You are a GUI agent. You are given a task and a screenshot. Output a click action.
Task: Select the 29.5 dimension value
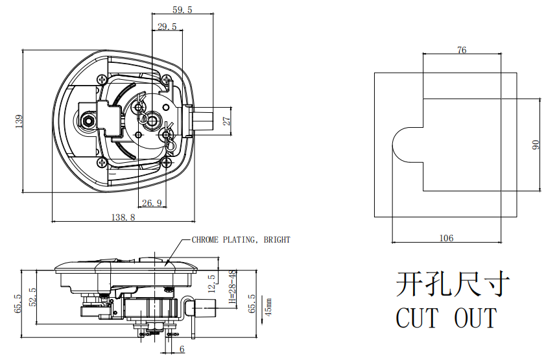pyautogui.click(x=167, y=27)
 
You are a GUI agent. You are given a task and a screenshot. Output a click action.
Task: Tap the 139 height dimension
pyautogui.click(x=19, y=121)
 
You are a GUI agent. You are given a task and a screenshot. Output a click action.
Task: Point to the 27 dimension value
pyautogui.click(x=226, y=121)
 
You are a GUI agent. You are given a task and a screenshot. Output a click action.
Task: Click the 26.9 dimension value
pyautogui.click(x=151, y=203)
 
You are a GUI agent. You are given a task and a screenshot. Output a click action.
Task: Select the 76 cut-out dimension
pyautogui.click(x=462, y=50)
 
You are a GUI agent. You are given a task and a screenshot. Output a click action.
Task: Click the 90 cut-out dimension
pyautogui.click(x=536, y=145)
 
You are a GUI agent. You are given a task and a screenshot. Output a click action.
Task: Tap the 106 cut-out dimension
pyautogui.click(x=446, y=238)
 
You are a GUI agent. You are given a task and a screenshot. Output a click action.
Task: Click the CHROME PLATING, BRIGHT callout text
pyautogui.click(x=241, y=240)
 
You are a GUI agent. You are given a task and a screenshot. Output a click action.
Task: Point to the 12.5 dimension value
pyautogui.click(x=211, y=284)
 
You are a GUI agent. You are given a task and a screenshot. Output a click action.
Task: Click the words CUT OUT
pyautogui.click(x=446, y=318)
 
